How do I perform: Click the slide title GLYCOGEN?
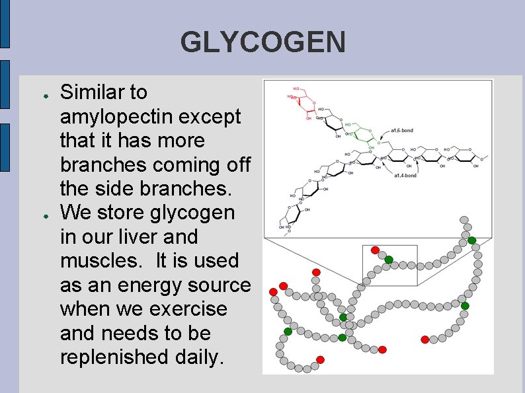pyautogui.click(x=262, y=43)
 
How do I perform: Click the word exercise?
pyautogui.click(x=196, y=309)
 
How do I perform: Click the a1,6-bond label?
pyautogui.click(x=401, y=131)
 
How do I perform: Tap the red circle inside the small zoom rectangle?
pyautogui.click(x=375, y=250)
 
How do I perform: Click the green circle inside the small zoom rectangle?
pyautogui.click(x=389, y=259)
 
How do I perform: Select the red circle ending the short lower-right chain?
pyautogui.click(x=425, y=339)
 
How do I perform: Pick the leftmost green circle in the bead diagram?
pyautogui.click(x=288, y=331)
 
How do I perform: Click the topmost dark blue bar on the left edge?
pyautogui.click(x=5, y=24)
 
